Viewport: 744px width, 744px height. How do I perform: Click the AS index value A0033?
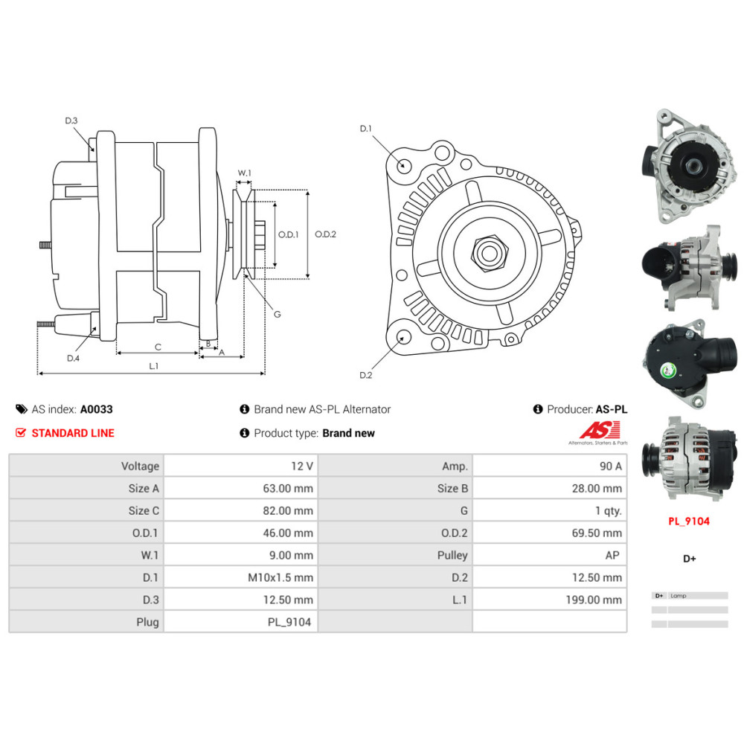(96, 409)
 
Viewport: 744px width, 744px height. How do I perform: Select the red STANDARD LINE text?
(73, 433)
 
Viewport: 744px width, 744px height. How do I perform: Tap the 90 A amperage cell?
(550, 466)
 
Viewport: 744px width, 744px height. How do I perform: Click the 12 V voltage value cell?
(240, 466)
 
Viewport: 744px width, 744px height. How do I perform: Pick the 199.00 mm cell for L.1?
(550, 600)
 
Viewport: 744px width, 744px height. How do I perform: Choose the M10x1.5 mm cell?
(240, 577)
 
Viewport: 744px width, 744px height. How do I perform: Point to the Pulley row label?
(452, 555)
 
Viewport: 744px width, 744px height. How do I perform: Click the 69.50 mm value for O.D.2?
(550, 533)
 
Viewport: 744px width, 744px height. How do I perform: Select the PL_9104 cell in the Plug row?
(240, 622)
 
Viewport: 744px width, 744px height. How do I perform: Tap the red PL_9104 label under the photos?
(688, 521)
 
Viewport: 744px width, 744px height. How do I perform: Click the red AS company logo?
(599, 431)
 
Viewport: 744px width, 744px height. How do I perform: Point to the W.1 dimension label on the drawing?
(244, 173)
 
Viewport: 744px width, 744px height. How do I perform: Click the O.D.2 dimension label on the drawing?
(325, 234)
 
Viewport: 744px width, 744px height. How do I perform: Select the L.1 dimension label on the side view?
(153, 366)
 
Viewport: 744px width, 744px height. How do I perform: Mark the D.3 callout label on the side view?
(71, 121)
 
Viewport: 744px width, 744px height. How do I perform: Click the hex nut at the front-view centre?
(490, 252)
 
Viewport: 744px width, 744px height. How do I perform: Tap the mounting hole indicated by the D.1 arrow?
(403, 164)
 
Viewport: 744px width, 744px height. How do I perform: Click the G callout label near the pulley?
(277, 314)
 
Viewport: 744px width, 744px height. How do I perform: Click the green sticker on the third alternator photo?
(669, 370)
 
